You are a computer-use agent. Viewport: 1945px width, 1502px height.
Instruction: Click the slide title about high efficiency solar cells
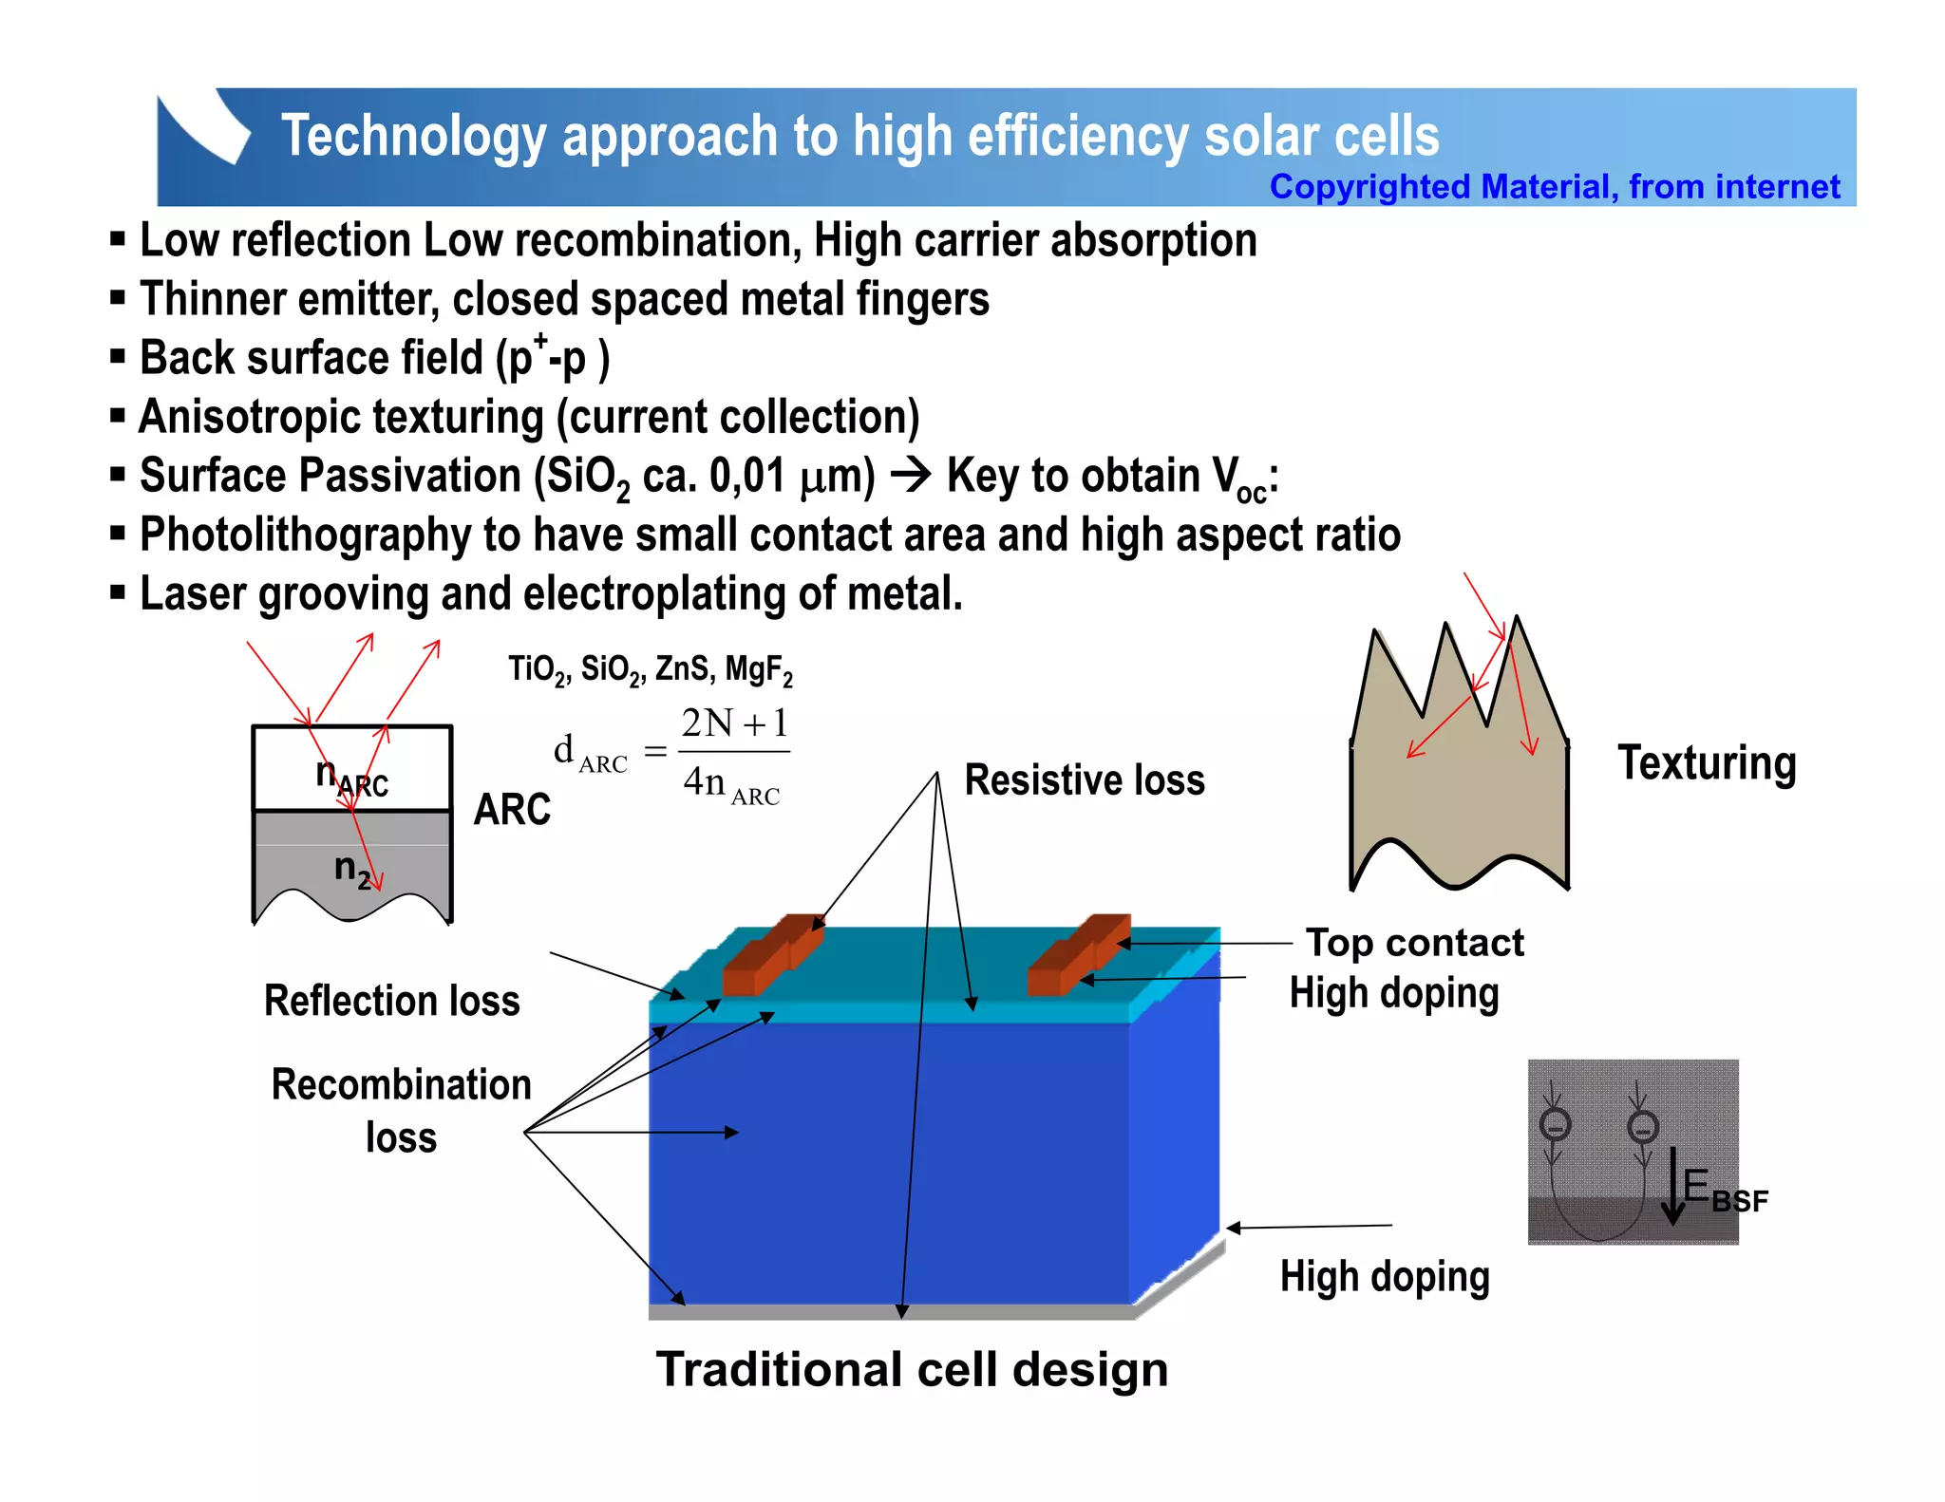(x=859, y=136)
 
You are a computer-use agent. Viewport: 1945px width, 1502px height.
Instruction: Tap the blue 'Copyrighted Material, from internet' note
(x=1554, y=187)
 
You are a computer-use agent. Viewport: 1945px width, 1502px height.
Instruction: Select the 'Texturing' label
(x=1707, y=763)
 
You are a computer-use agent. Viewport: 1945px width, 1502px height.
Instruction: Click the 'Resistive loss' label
(x=1085, y=780)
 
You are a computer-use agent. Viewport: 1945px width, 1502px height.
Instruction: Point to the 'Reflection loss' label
(x=391, y=1001)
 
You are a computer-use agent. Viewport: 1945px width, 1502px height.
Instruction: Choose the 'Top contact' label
(x=1414, y=943)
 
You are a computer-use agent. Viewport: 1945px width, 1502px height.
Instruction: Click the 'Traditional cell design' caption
(x=912, y=1370)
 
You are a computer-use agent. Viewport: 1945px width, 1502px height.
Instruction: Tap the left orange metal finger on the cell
(x=771, y=956)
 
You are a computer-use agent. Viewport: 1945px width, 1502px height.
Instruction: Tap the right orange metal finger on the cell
(x=1078, y=956)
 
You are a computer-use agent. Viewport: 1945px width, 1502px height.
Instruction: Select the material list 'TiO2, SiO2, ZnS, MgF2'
(x=650, y=670)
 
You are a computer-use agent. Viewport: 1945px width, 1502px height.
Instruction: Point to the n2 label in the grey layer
(x=351, y=869)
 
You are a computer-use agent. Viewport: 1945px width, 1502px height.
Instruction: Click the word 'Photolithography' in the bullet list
(x=305, y=535)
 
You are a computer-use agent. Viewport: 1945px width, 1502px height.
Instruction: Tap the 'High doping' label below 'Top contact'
(x=1393, y=994)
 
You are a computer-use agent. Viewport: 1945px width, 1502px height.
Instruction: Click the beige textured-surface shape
(x=1459, y=788)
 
